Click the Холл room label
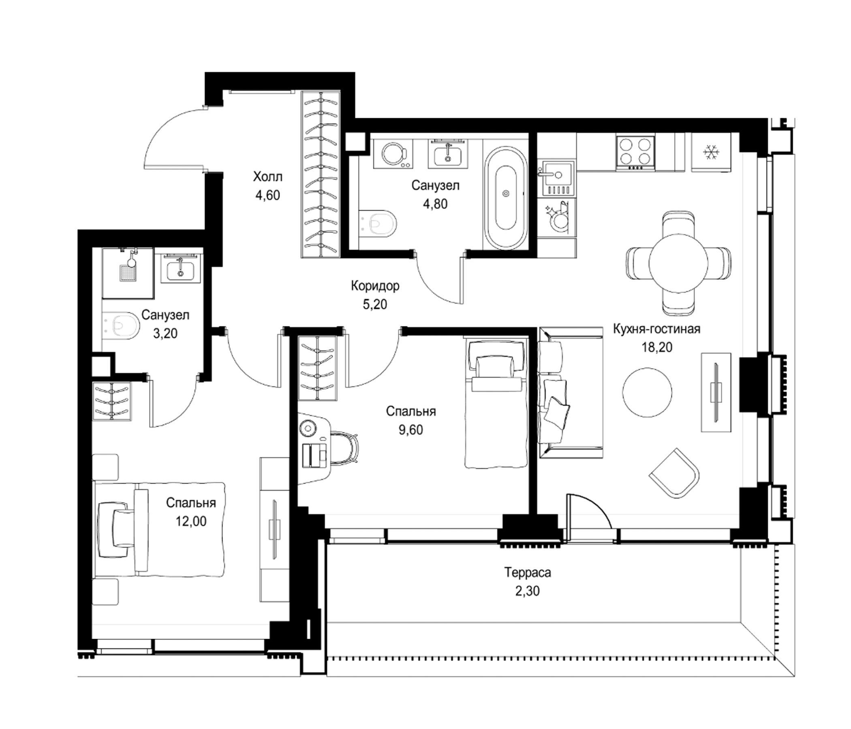(x=267, y=177)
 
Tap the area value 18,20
(x=657, y=347)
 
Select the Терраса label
(x=528, y=572)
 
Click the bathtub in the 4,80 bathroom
(x=506, y=193)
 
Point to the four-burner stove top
(x=635, y=152)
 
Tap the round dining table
(x=678, y=263)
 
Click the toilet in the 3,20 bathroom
(x=120, y=326)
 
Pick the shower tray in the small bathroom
(x=128, y=273)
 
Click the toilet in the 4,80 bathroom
(x=377, y=224)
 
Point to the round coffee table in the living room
(x=647, y=392)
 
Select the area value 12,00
(x=191, y=521)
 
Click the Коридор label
(x=375, y=286)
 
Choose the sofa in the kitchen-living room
(x=571, y=393)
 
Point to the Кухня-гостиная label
(x=657, y=329)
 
